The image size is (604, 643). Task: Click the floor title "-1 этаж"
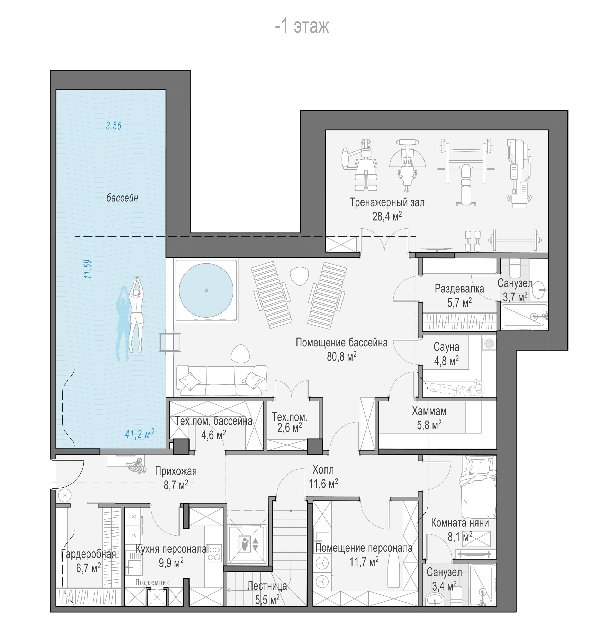(302, 26)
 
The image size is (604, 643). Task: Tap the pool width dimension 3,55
(113, 126)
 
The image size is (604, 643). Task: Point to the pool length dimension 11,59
(88, 269)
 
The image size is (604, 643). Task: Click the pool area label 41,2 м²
(139, 434)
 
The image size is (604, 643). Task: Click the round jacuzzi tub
(206, 290)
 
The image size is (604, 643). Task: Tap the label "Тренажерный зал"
(387, 202)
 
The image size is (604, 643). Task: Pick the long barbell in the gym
(515, 240)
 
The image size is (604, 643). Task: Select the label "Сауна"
(446, 347)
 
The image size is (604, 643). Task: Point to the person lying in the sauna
(457, 388)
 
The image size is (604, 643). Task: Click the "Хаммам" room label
(429, 411)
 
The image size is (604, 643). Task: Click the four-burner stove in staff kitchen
(214, 553)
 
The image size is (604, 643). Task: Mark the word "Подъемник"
(152, 583)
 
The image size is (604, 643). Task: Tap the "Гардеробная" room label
(88, 554)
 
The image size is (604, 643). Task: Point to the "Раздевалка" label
(459, 289)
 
